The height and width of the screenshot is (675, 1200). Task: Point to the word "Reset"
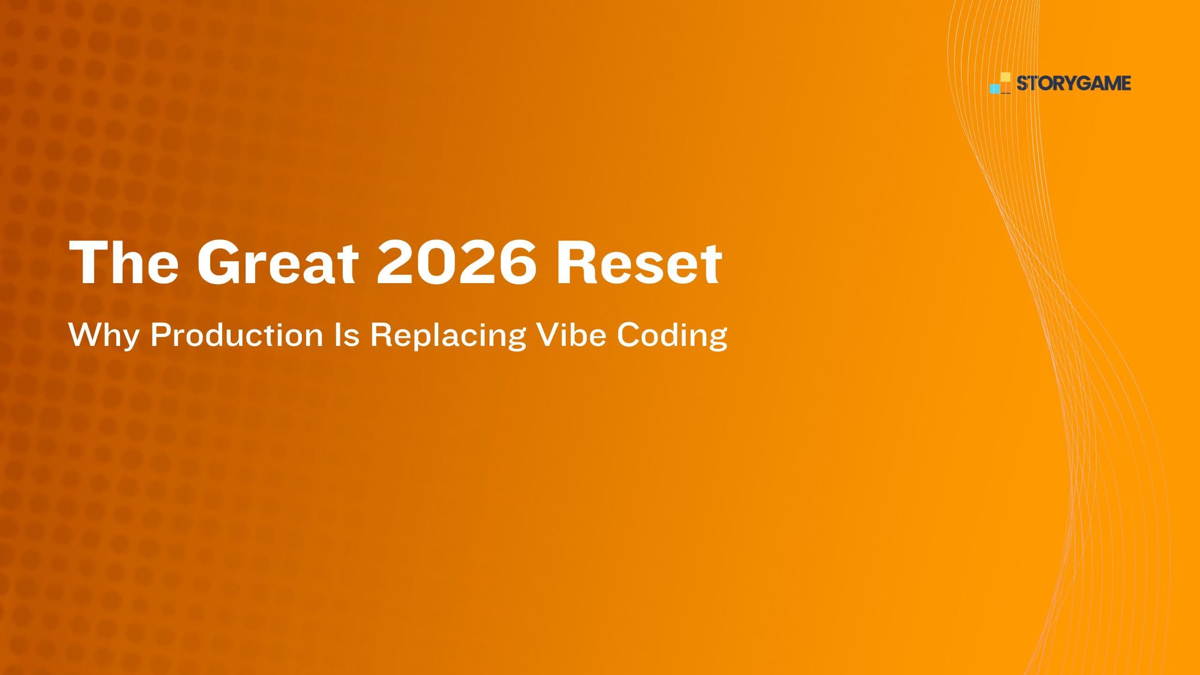[637, 263]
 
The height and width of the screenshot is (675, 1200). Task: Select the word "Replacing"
[448, 336]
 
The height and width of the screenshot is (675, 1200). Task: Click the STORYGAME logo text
[1073, 83]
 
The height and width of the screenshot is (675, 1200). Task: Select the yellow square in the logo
[1005, 77]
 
